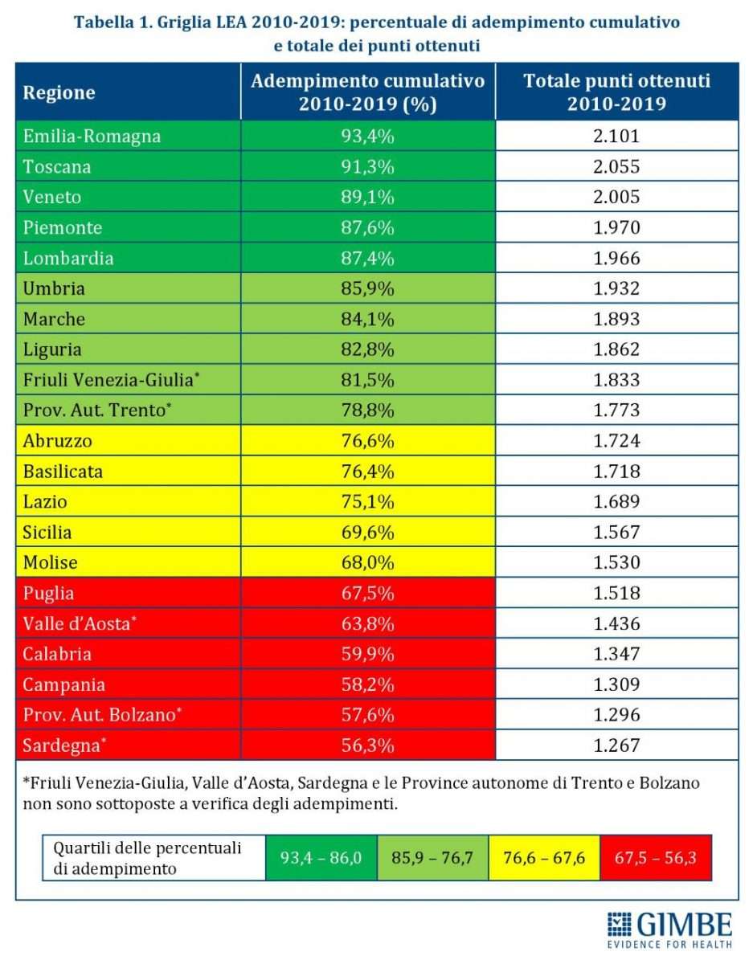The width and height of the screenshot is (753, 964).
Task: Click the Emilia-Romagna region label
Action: coord(92,136)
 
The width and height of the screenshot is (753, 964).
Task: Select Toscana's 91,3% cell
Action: coord(368,166)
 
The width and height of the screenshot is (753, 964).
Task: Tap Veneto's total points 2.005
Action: coord(616,197)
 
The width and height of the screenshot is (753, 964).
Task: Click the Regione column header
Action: coord(59,92)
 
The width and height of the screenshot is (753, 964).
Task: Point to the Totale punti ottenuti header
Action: coord(616,92)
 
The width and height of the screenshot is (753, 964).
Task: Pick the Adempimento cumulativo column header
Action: coord(368,92)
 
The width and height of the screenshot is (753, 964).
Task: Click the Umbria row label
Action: coord(54,288)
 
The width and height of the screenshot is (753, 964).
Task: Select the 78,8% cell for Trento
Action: coord(368,411)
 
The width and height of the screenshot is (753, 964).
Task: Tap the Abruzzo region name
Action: coord(58,441)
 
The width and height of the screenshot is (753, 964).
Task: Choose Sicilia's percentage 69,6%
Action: coord(368,533)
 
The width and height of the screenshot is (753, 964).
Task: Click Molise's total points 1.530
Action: coord(616,563)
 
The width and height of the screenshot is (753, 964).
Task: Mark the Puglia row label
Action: coord(49,594)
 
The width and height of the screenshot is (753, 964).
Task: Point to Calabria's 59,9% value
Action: coord(368,654)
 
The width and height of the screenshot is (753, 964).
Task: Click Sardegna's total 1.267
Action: coord(616,745)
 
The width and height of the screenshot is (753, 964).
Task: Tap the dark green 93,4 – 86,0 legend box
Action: coord(321,858)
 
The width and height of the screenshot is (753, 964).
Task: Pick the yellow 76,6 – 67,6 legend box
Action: coord(544,858)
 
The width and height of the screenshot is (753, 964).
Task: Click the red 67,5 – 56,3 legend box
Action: coord(656,858)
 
